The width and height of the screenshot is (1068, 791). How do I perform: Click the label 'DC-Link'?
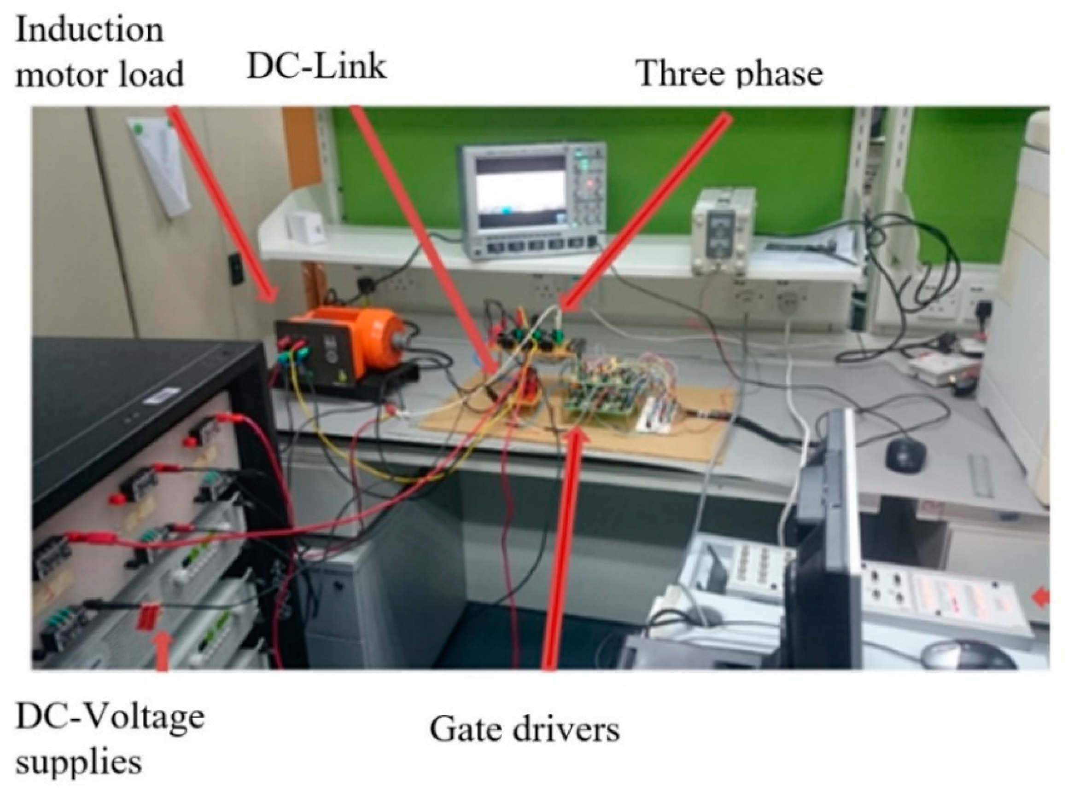(316, 68)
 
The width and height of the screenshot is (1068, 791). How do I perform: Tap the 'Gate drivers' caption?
(524, 730)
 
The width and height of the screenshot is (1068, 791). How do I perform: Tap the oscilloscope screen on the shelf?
(520, 191)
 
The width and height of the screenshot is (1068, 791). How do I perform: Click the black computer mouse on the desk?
(905, 453)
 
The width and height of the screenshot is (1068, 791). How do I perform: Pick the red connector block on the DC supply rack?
(147, 617)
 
